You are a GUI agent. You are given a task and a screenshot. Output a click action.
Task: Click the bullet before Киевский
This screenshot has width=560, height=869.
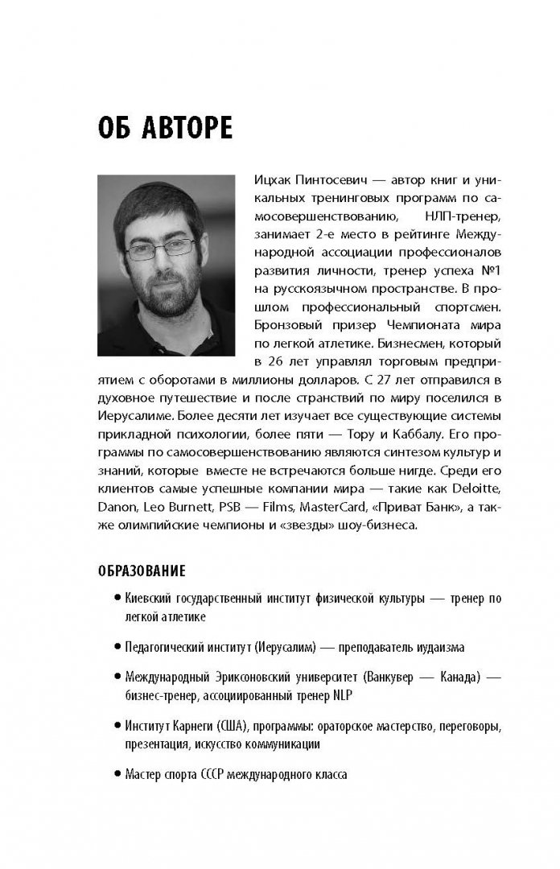118,599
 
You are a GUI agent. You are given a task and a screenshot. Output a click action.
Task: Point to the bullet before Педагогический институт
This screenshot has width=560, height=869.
118,646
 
